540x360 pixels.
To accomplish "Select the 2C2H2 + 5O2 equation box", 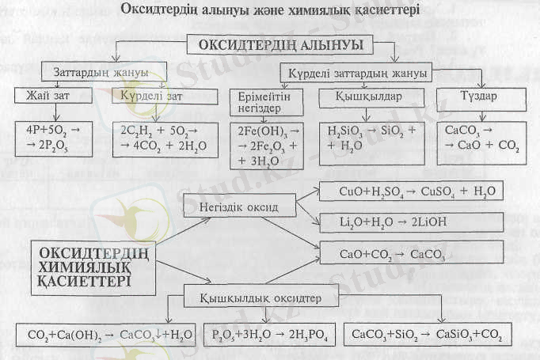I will click(165, 138).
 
